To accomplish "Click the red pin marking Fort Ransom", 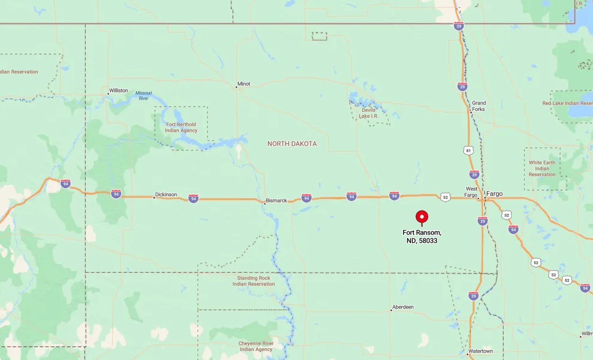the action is click(x=422, y=217).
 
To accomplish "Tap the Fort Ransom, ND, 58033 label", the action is click(x=422, y=237).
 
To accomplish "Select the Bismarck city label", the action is click(x=276, y=201).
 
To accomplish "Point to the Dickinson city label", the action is click(x=166, y=195).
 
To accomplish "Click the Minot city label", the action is click(x=244, y=84).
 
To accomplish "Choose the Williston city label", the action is click(x=119, y=91).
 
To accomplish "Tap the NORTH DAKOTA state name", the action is click(x=292, y=144).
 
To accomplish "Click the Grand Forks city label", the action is click(x=479, y=106).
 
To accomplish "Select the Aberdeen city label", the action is click(x=403, y=307).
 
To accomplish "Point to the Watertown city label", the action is click(x=480, y=351).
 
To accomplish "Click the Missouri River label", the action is click(x=144, y=95).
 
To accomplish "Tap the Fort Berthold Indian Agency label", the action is click(x=181, y=127).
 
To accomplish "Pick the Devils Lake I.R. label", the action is click(x=368, y=113).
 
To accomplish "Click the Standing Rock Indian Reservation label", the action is click(x=254, y=281).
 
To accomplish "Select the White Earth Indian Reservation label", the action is click(x=542, y=168).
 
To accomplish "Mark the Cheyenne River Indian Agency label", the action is click(x=256, y=347).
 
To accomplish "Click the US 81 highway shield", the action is click(x=469, y=151).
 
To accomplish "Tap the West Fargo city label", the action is click(x=471, y=192).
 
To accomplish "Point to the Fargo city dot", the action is click(x=485, y=198).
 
